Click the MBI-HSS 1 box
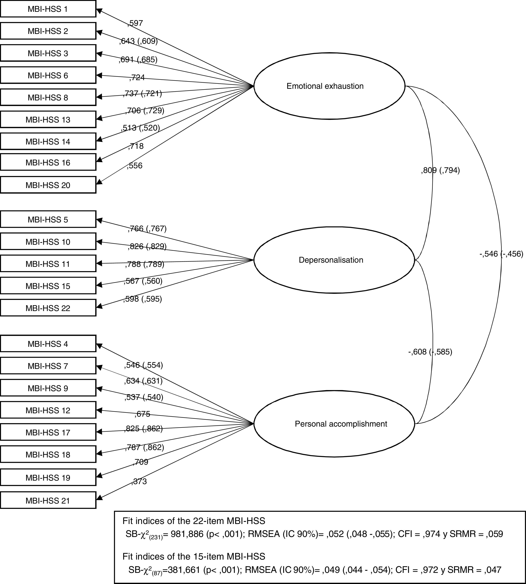click(x=48, y=9)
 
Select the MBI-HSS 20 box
click(x=48, y=185)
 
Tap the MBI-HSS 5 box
click(x=48, y=220)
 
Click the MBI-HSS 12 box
click(x=48, y=410)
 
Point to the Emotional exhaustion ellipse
click(x=330, y=86)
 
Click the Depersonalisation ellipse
click(x=334, y=260)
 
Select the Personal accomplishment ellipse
click(x=334, y=424)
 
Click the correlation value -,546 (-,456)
click(x=501, y=254)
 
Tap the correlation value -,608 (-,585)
click(x=430, y=352)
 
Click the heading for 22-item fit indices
click(x=194, y=521)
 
